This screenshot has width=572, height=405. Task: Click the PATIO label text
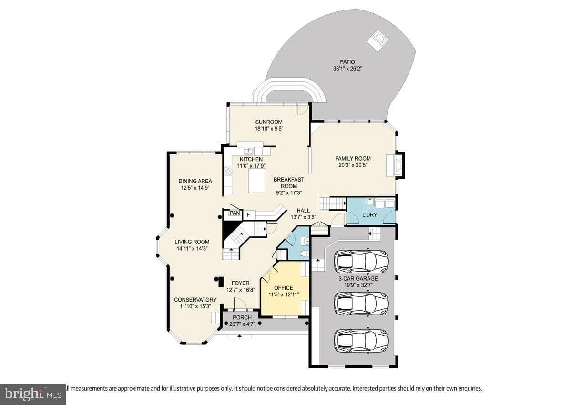[x=347, y=62]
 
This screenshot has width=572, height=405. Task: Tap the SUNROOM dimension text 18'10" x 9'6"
[x=269, y=129]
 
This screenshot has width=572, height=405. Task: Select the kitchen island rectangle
[x=257, y=181]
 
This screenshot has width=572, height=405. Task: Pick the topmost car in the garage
[x=361, y=261]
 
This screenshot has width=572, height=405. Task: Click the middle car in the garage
[x=361, y=303]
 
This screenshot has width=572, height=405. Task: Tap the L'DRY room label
[x=369, y=215]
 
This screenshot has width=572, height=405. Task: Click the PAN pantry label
[x=235, y=213]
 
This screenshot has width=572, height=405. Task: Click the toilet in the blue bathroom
[x=305, y=253]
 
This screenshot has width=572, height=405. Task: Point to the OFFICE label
[x=284, y=288]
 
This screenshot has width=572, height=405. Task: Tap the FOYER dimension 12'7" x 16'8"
[x=241, y=290]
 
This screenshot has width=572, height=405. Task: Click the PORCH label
[x=242, y=317]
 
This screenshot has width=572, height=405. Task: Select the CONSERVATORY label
[x=195, y=300]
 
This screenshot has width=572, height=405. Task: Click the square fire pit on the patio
[x=378, y=40]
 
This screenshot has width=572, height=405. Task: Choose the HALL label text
[x=303, y=211]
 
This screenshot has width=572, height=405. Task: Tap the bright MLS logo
[x=33, y=394]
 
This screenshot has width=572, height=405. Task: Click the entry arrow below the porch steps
[x=239, y=336]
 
